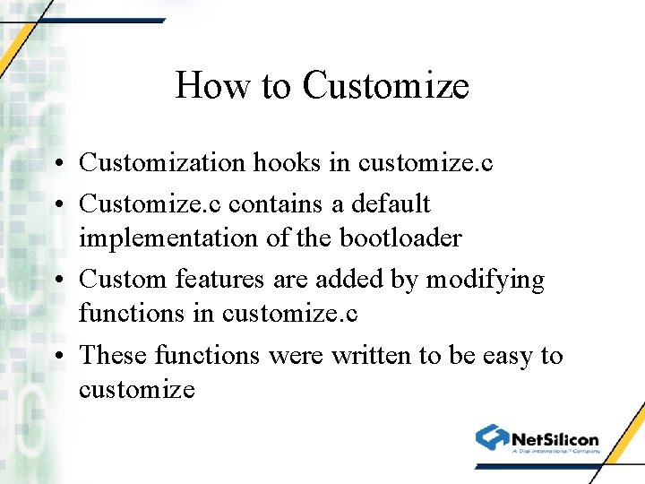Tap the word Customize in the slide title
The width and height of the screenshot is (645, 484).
tap(386, 86)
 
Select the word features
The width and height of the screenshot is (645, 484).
tap(221, 280)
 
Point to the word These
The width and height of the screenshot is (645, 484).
tap(114, 356)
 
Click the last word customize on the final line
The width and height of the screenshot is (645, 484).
tap(136, 390)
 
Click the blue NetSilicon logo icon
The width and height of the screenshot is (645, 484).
tap(492, 437)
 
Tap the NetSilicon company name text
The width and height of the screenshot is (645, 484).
tap(555, 439)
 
